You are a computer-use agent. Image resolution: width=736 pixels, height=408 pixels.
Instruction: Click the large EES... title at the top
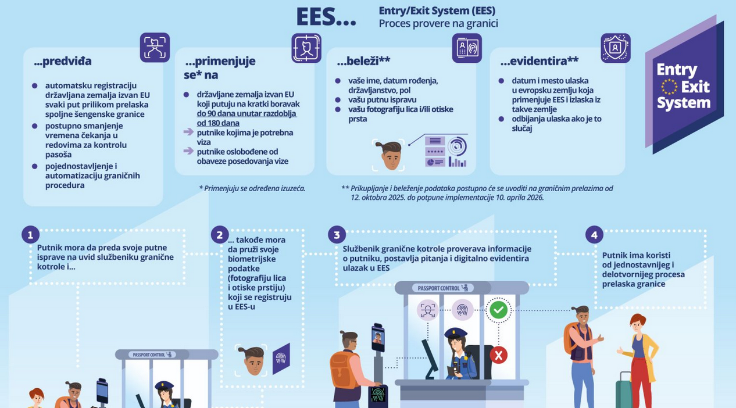point(326,17)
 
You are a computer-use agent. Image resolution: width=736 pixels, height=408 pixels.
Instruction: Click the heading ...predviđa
point(63,61)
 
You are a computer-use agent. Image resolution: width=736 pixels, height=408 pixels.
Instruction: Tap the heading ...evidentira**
point(539,61)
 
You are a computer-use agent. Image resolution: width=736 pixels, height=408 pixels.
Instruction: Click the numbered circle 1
point(30,235)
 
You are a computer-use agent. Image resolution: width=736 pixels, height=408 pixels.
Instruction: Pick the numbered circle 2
point(219,235)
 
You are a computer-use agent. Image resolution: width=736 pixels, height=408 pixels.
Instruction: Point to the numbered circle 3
point(337,235)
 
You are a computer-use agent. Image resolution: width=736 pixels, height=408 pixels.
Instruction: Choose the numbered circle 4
point(594,235)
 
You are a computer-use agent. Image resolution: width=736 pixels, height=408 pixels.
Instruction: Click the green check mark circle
point(498,310)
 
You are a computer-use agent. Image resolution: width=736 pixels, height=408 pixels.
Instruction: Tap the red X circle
point(498,355)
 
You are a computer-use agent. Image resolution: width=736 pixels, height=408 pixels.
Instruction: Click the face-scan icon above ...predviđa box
point(155,48)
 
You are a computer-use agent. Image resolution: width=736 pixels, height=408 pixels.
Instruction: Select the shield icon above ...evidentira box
point(615,48)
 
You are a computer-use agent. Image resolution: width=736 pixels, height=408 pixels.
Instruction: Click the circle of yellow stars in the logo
point(669,87)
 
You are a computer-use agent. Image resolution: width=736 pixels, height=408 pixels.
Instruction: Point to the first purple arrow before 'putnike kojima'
point(188,133)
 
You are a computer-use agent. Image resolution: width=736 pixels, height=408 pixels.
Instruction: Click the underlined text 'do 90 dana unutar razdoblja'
point(246,113)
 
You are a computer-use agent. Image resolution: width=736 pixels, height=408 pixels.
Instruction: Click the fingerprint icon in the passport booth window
point(462,309)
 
